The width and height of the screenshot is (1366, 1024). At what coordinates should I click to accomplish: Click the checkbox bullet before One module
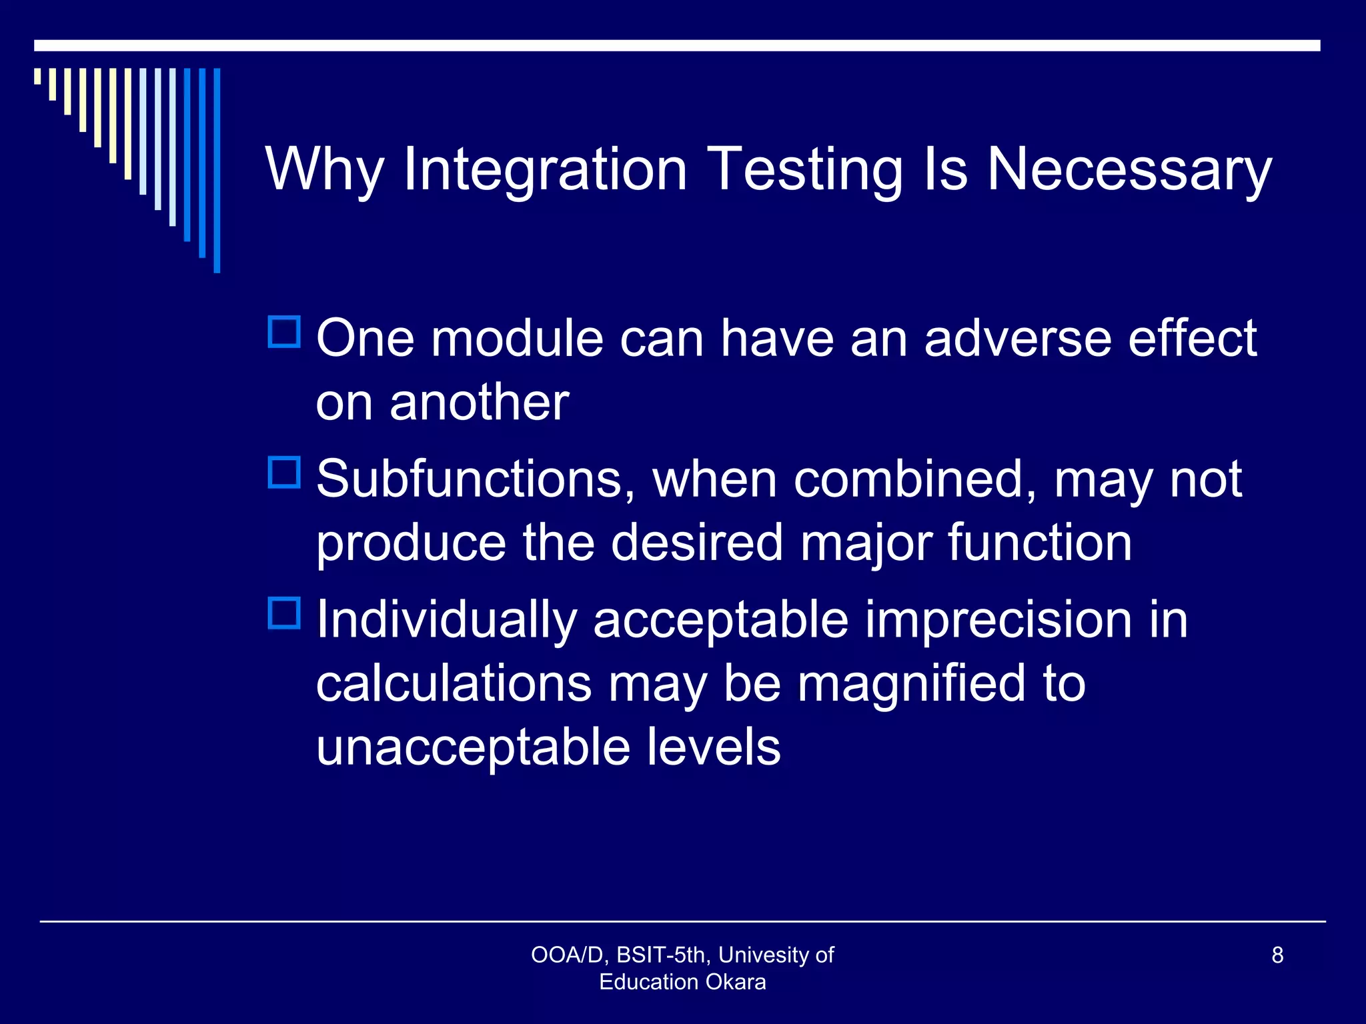pos(285,331)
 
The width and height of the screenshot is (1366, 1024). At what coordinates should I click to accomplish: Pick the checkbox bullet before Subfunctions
pos(285,472)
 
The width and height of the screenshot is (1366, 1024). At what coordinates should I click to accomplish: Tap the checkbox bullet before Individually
pos(285,613)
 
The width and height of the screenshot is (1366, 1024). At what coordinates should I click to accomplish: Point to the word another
pos(479,403)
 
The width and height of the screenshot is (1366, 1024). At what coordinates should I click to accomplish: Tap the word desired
pos(697,543)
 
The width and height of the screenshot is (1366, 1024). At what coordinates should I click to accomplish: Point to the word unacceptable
pos(473,747)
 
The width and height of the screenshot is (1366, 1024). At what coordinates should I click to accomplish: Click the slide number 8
pos(1277,955)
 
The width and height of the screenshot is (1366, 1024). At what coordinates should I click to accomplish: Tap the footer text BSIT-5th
pos(661,955)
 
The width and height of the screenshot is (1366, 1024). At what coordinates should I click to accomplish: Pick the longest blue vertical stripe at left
pos(217,170)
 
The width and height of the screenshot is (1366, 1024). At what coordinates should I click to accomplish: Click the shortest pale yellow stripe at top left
pos(37,76)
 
